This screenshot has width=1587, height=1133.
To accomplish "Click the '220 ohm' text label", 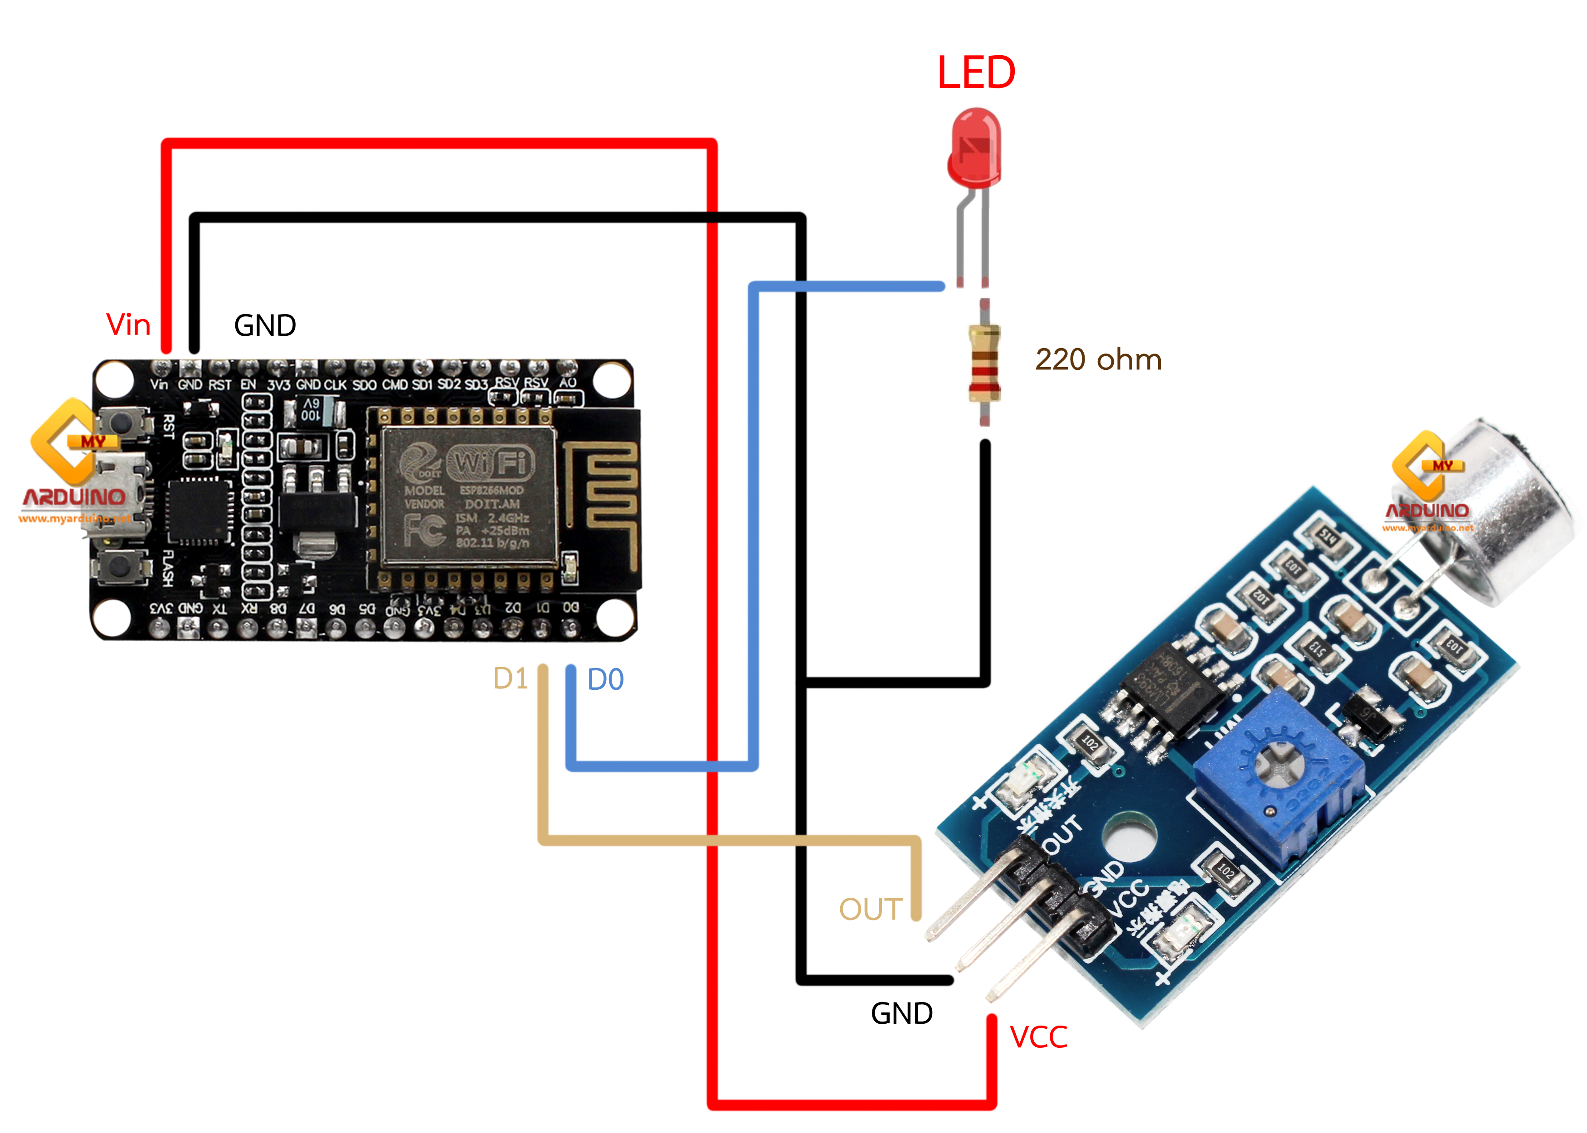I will [x=1098, y=360].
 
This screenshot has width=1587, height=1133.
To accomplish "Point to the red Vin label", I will [x=128, y=325].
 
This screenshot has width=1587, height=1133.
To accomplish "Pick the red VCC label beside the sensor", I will [x=1038, y=1037].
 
